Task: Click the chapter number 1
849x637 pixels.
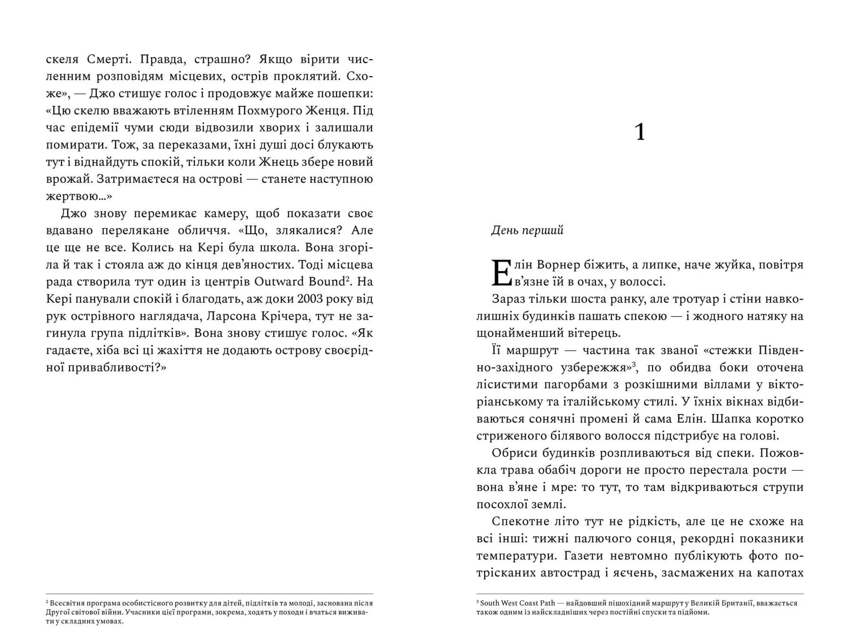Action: click(639, 132)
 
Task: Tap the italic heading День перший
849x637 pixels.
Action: click(527, 230)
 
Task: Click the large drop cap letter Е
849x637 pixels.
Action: click(501, 272)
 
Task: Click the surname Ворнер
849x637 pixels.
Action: click(558, 265)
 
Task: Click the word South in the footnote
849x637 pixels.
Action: click(490, 603)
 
